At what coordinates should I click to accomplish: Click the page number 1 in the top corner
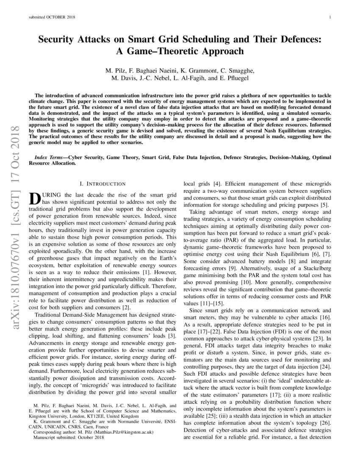tap(330, 17)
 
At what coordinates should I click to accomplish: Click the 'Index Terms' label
tap(50, 157)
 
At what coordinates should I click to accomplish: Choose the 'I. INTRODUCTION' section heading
tap(102, 183)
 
